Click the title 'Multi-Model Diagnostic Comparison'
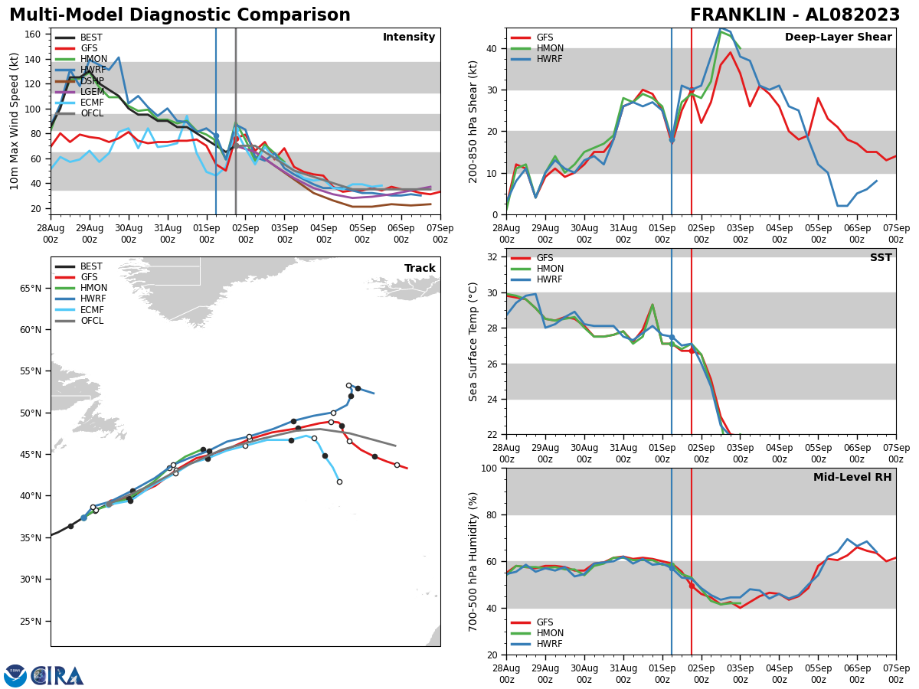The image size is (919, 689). [x=180, y=15]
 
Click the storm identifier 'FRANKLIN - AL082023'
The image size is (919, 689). [x=795, y=15]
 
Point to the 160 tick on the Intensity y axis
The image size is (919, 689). [x=35, y=34]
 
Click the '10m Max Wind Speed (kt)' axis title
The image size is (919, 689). [x=15, y=121]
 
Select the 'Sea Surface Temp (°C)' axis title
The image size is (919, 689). [x=473, y=341]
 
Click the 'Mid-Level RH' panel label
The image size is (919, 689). [x=852, y=478]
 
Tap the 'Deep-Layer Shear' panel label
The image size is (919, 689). [x=838, y=38]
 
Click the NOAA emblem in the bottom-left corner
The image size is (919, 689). [x=15, y=676]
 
